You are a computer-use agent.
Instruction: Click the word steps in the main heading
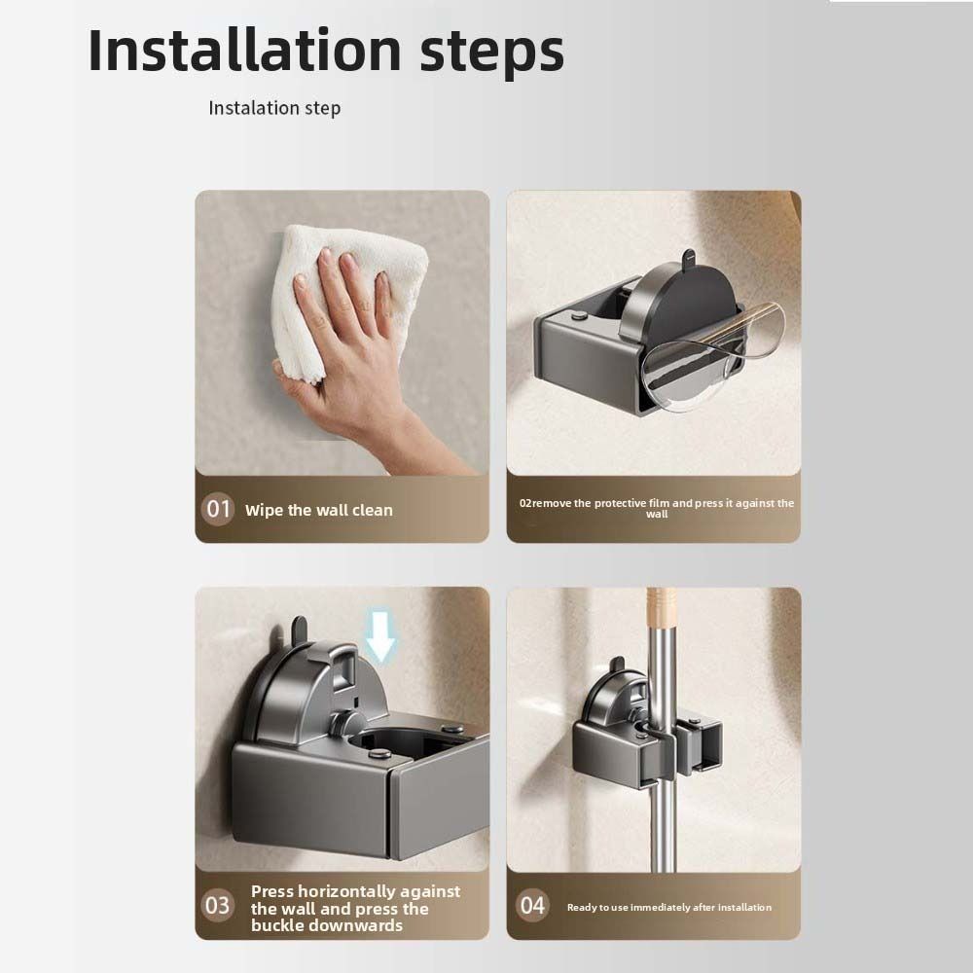point(491,54)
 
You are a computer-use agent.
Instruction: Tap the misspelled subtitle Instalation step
point(274,108)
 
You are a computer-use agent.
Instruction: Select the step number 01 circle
point(218,509)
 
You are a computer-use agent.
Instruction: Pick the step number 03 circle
point(218,905)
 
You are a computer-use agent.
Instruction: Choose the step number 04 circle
point(532,906)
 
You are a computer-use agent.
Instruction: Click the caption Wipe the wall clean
point(318,510)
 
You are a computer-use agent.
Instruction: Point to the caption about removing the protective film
point(657,508)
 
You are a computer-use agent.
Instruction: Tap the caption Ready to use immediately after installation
point(668,907)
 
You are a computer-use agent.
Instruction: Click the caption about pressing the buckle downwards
point(355,908)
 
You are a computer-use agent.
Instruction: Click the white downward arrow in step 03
point(380,637)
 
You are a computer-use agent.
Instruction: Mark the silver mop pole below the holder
point(665,827)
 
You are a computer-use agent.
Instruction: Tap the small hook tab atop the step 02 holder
point(687,260)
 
